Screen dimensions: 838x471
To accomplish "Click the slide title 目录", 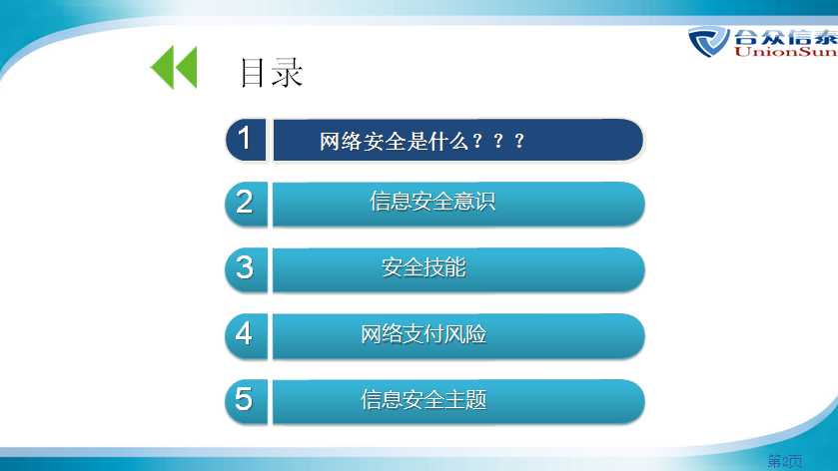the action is pyautogui.click(x=272, y=72).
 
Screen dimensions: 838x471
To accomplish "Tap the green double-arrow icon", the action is pyautogui.click(x=174, y=67).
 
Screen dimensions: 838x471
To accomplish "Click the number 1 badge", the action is pyautogui.click(x=246, y=140).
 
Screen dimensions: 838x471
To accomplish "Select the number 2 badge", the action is pyautogui.click(x=246, y=204).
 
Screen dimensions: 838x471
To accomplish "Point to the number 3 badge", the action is pyautogui.click(x=246, y=269).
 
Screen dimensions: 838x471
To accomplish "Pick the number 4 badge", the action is pyautogui.click(x=246, y=335).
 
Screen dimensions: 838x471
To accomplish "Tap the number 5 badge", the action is pyautogui.click(x=246, y=401).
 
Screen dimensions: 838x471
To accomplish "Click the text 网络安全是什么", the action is pyautogui.click(x=394, y=142).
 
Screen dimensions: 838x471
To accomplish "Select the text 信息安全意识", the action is pyautogui.click(x=432, y=202).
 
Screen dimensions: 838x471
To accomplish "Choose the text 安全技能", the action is pyautogui.click(x=423, y=267).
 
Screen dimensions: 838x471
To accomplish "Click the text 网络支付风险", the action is pyautogui.click(x=423, y=334).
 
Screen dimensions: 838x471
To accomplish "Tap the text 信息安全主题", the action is pyautogui.click(x=423, y=399).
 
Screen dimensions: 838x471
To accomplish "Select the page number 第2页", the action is pyautogui.click(x=784, y=460).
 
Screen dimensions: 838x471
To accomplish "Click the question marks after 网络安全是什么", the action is pyautogui.click(x=498, y=141).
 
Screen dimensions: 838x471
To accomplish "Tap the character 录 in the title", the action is pyautogui.click(x=288, y=72).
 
